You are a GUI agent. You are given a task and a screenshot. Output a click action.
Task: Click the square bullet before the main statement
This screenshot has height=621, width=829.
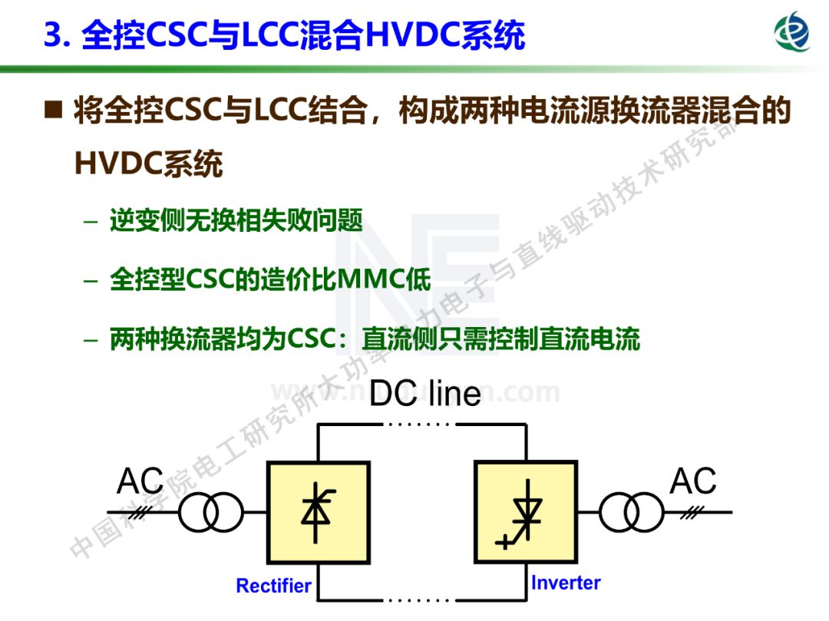pyautogui.click(x=53, y=111)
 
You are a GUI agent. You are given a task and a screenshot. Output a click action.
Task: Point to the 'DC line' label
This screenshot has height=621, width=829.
pyautogui.click(x=424, y=394)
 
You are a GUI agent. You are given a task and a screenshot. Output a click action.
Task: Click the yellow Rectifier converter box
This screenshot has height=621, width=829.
pyautogui.click(x=318, y=512)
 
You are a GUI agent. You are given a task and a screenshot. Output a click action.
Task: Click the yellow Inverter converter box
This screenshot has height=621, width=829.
pyautogui.click(x=526, y=512)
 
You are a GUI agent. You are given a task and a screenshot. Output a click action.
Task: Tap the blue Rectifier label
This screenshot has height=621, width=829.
pyautogui.click(x=273, y=586)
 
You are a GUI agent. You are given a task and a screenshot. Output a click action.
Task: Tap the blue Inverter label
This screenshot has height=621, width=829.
pyautogui.click(x=566, y=583)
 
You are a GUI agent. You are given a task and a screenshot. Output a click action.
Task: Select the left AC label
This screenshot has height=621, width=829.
pyautogui.click(x=140, y=481)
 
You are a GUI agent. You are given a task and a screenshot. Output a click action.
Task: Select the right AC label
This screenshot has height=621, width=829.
pyautogui.click(x=693, y=481)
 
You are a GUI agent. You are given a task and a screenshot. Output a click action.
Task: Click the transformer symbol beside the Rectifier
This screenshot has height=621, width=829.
pyautogui.click(x=210, y=513)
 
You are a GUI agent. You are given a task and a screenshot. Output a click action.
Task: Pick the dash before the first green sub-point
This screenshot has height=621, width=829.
pyautogui.click(x=91, y=222)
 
